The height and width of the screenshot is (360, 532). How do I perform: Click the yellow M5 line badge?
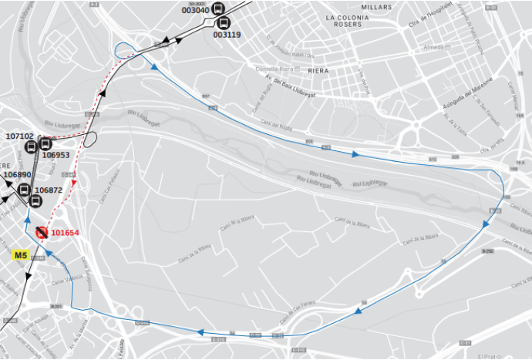pyautogui.click(x=19, y=255)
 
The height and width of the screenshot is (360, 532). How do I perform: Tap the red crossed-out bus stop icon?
pyautogui.click(x=42, y=232)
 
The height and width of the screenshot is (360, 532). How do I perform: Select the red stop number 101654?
pyautogui.click(x=66, y=233)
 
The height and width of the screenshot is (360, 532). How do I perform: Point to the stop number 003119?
pyautogui.click(x=226, y=35)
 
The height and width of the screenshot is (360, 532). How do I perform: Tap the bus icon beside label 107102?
pyautogui.click(x=45, y=143)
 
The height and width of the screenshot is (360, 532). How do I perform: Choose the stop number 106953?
pyautogui.click(x=56, y=155)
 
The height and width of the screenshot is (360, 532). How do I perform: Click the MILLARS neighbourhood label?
pyautogui.click(x=376, y=7)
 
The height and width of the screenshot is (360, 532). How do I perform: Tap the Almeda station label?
pyautogui.click(x=433, y=47)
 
